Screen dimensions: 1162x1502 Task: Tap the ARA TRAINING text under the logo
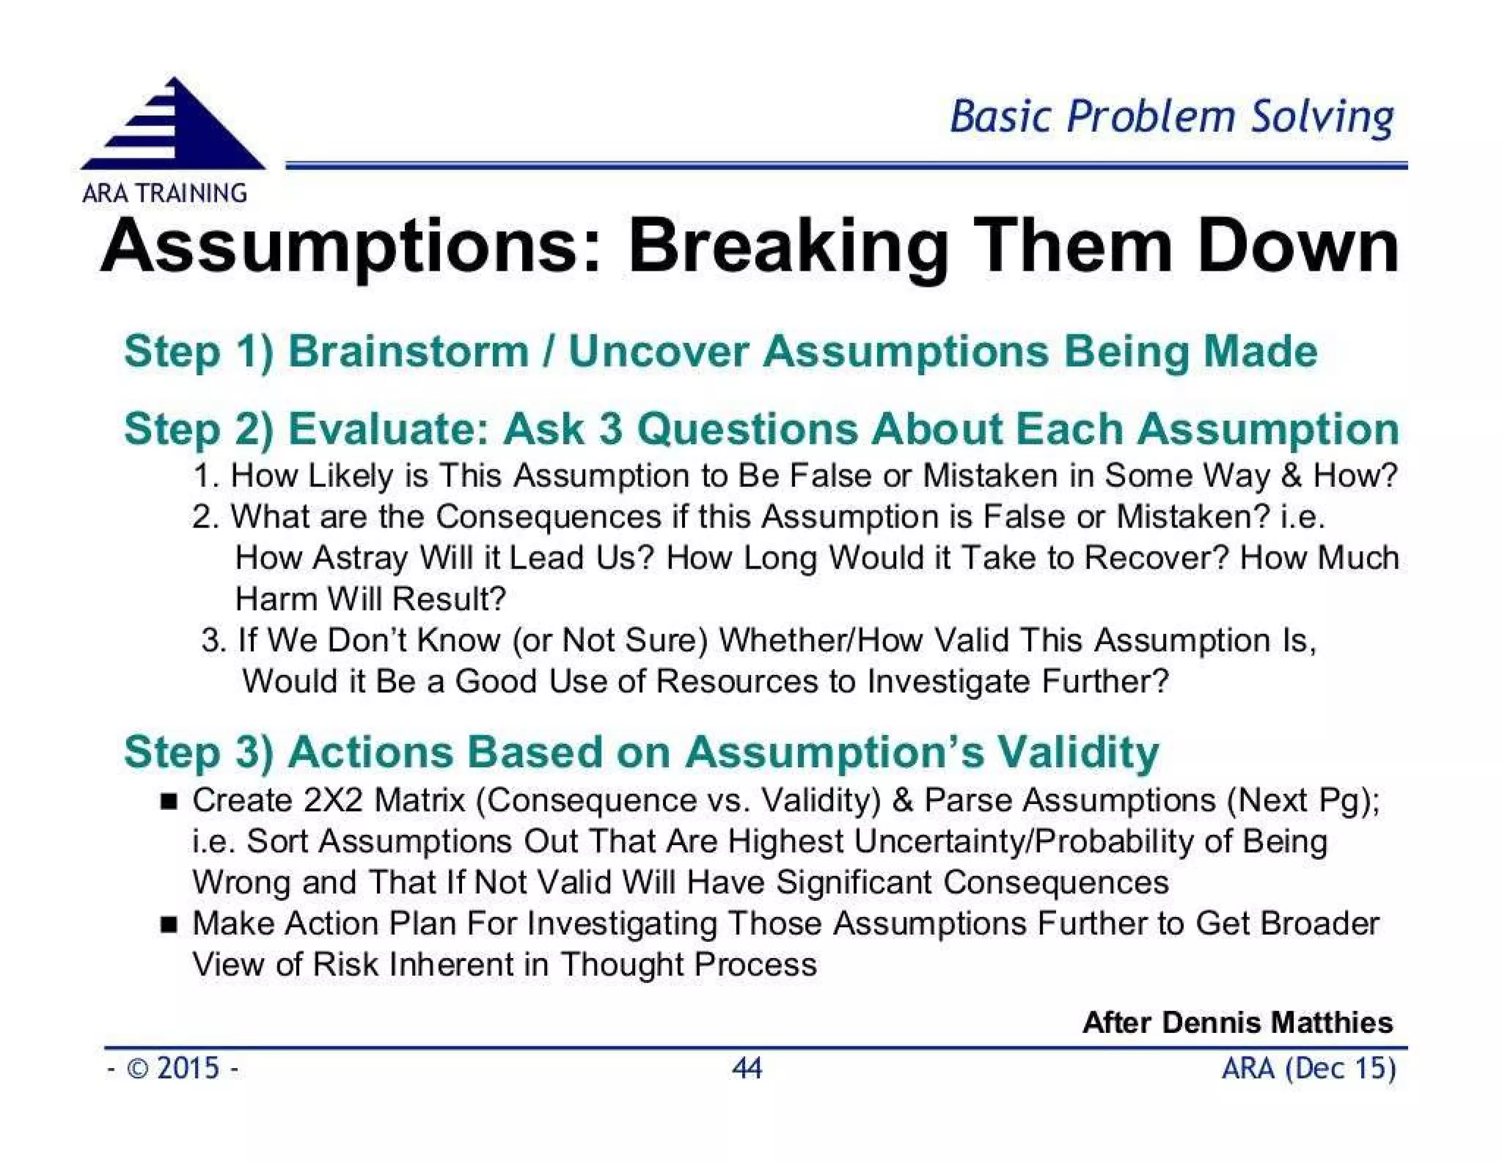[x=164, y=193]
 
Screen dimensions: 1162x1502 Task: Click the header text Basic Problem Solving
[x=1171, y=117]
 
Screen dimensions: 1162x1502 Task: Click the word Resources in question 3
[x=736, y=682]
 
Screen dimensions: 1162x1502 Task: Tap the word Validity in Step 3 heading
[x=1078, y=753]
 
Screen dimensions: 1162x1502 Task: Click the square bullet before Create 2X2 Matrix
[x=169, y=800]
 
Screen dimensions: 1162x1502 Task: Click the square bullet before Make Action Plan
[x=169, y=924]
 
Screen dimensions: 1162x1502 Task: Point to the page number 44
[x=747, y=1068]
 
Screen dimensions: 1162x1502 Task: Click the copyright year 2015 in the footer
[x=188, y=1068]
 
